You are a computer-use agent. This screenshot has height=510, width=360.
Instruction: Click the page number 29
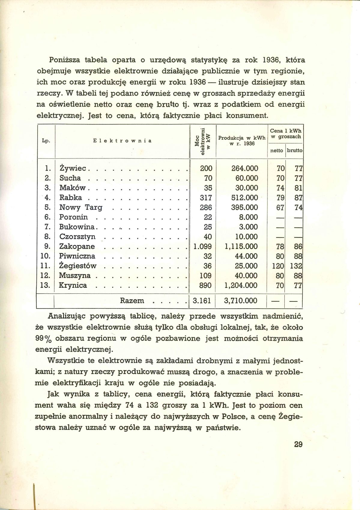[x=298, y=444]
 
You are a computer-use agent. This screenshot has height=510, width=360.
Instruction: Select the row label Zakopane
[x=77, y=247]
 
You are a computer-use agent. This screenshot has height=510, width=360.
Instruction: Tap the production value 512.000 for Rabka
[x=245, y=198]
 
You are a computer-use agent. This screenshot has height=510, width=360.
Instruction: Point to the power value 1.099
[x=203, y=247]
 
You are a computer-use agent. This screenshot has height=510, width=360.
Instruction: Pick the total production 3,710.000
[x=241, y=301]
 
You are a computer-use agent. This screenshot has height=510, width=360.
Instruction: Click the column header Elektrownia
[x=122, y=140]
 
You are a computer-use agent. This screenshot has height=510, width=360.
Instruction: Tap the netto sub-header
[x=277, y=151]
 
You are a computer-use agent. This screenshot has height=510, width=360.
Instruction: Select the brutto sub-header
[x=295, y=151]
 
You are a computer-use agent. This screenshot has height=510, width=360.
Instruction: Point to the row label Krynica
[x=73, y=285]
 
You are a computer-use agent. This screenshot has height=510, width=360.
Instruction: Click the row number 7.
[x=47, y=227]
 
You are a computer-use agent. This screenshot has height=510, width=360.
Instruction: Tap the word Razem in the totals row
[x=132, y=301]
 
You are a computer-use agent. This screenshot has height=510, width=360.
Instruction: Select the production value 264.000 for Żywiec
[x=245, y=169]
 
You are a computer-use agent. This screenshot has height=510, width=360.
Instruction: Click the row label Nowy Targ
[x=81, y=208]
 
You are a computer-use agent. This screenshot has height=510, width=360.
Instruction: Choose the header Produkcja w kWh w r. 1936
[x=242, y=140]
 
